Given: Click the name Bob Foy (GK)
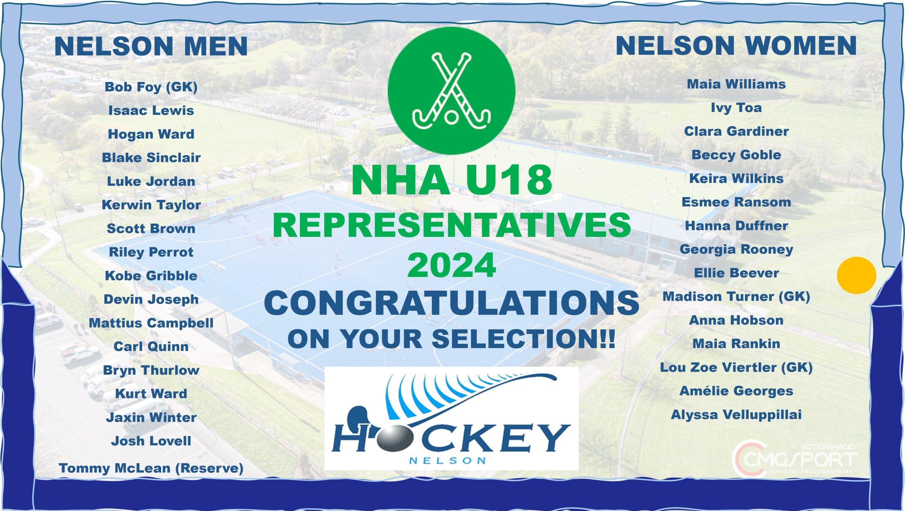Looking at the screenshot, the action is [x=151, y=87].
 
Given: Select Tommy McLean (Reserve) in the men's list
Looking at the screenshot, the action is [x=151, y=468].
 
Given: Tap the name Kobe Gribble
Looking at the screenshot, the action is [x=151, y=276].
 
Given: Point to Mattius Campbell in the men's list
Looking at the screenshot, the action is [x=151, y=323].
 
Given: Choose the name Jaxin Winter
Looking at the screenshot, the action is [x=151, y=418].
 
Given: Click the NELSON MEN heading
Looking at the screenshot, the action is [x=151, y=46].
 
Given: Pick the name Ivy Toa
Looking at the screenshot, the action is [x=736, y=108].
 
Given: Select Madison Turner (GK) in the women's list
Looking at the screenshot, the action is [x=736, y=297].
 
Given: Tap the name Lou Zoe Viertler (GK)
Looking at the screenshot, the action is [x=736, y=367].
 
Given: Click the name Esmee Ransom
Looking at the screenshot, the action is [x=736, y=202].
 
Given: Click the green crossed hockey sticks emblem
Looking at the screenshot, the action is [x=451, y=91].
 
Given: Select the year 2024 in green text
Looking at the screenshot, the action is [x=451, y=265].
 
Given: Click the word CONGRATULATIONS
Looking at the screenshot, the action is [x=451, y=303].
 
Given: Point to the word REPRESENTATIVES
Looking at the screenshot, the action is [x=451, y=225].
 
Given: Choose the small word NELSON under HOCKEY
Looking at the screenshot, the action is [x=447, y=460].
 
